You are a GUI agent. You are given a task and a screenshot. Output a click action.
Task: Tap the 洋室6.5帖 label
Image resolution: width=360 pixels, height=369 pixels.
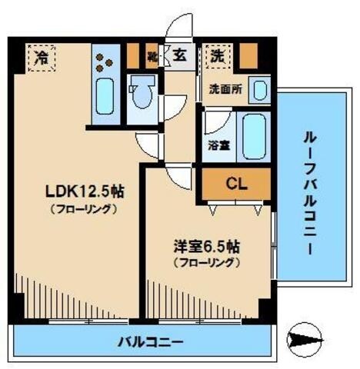(x=206, y=248)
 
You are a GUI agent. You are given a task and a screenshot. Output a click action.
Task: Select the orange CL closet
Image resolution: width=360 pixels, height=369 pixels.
(x=236, y=184)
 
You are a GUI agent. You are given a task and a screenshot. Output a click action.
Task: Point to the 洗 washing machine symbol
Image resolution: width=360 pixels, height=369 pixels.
(x=218, y=55)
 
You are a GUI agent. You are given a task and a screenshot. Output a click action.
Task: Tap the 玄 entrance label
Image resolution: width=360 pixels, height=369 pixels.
(x=178, y=55)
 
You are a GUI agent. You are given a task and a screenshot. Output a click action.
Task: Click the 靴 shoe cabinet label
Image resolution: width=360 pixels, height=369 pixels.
(x=153, y=56)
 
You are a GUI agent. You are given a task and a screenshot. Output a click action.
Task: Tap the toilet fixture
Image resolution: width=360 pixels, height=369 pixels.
(x=142, y=98)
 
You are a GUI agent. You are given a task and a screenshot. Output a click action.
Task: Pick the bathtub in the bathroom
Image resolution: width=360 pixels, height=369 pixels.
(x=252, y=136)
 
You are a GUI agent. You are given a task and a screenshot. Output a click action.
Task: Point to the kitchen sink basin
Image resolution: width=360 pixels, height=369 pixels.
(x=104, y=98)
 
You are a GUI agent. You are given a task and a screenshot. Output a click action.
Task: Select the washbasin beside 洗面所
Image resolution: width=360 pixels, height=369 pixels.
(x=260, y=90)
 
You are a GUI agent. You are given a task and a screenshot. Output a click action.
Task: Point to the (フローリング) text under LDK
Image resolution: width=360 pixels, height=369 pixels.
(x=83, y=209)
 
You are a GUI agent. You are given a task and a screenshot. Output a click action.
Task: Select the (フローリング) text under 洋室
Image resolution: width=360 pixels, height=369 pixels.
(x=206, y=262)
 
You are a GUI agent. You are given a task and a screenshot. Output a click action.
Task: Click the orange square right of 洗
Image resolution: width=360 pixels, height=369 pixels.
(x=247, y=56)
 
